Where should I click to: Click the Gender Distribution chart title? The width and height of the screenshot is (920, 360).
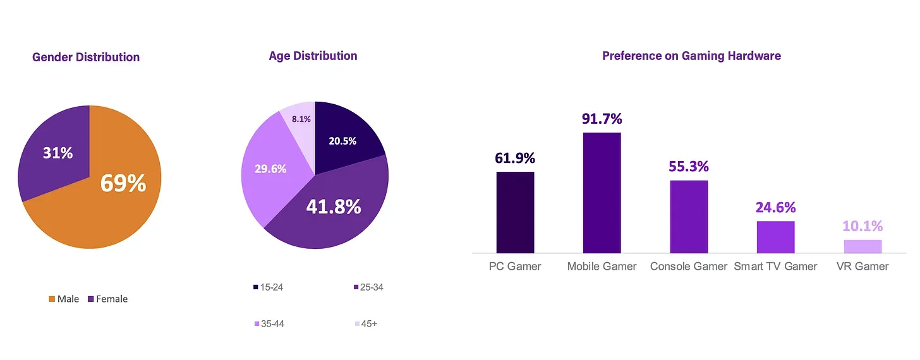coord(86,57)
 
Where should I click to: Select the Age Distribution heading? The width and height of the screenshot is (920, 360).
coord(313,56)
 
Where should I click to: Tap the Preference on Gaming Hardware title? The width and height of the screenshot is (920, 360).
coord(691,56)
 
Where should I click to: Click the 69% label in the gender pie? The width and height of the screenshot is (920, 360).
coord(123,183)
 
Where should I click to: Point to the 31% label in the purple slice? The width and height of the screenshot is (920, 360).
coord(57,153)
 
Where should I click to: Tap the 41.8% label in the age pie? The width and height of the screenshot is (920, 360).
coord(333,206)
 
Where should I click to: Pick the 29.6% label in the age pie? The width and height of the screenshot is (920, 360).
coord(270,169)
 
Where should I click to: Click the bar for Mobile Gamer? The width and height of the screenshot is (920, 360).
coord(602,193)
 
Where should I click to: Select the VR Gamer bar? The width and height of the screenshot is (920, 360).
coord(862,246)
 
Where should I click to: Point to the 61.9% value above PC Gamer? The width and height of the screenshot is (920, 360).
coord(515,157)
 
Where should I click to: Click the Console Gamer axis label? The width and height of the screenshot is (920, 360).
coord(689,267)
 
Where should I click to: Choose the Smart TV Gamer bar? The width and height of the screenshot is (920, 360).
coord(775,237)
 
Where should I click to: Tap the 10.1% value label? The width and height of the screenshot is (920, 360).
coord(862,226)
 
